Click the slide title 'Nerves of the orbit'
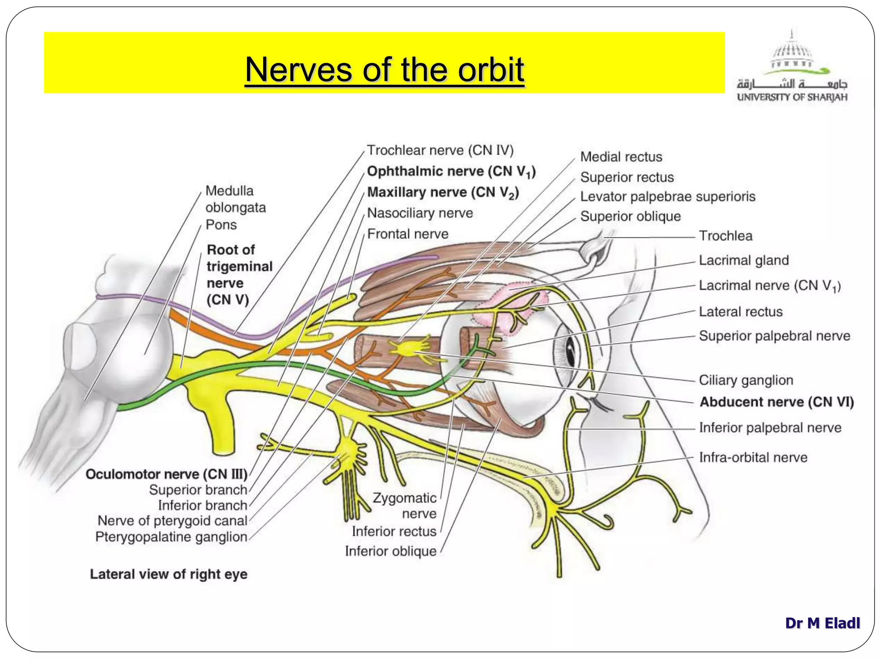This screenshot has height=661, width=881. [x=385, y=70]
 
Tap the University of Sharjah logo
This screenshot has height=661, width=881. [x=792, y=67]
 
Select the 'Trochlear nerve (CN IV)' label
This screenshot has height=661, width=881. [x=440, y=150]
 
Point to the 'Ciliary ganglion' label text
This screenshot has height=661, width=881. [x=746, y=380]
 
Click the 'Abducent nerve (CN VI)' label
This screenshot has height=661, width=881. [x=776, y=402]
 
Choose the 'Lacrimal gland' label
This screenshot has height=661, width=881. [x=744, y=260]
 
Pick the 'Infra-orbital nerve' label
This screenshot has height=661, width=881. [x=753, y=457]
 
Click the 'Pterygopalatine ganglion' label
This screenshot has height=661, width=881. [x=171, y=537]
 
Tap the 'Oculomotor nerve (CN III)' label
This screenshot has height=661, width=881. [x=166, y=474]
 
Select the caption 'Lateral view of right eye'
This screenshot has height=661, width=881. [x=169, y=574]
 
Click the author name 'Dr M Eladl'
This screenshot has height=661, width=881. [x=822, y=623]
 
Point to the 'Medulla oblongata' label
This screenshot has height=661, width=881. [x=235, y=199]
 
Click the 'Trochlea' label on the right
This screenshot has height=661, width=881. [x=726, y=236]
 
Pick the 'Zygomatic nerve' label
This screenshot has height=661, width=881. [x=404, y=506]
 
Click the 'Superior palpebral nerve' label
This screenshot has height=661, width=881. [x=774, y=336]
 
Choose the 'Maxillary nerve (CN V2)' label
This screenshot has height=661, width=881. [x=443, y=192]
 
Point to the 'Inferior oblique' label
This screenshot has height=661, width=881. [x=391, y=551]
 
